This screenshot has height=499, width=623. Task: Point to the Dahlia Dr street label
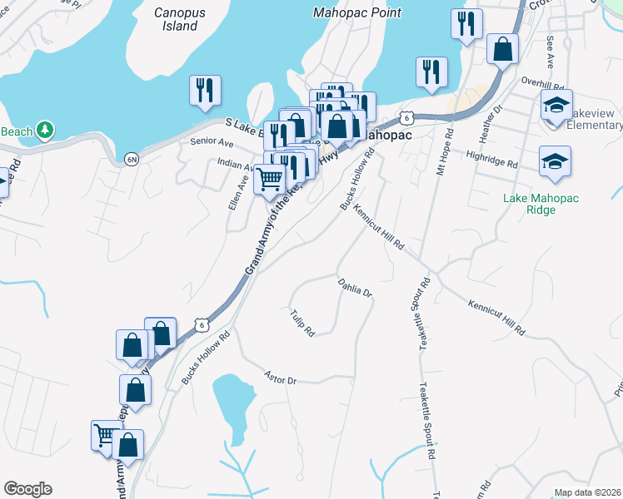coord(355,289)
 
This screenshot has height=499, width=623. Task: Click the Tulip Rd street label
coord(302,323)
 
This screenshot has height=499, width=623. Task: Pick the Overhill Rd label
coord(543,82)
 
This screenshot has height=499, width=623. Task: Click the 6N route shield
coord(131,159)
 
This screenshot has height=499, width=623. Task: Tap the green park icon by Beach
coord(45,131)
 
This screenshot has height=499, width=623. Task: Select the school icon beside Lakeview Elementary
coord(556,106)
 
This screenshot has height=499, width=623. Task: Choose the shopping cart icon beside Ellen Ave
coord(269,178)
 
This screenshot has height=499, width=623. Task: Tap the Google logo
coord(27,489)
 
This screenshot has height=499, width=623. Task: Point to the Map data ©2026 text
coord(587,492)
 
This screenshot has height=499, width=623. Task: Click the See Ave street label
coord(551,52)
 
